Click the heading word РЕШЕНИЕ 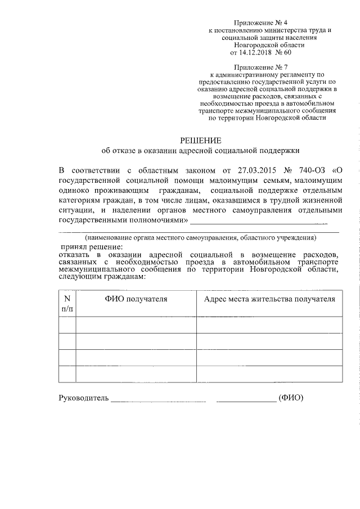pos(201,140)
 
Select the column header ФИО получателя pos(136,299)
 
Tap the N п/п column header pos(67,303)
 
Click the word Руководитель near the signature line pos(83,398)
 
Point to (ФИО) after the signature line pos(291,398)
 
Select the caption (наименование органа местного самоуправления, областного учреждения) pos(200,238)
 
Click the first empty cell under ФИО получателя pos(136,325)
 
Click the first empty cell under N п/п pos(67,325)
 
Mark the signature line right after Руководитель pos(159,400)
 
